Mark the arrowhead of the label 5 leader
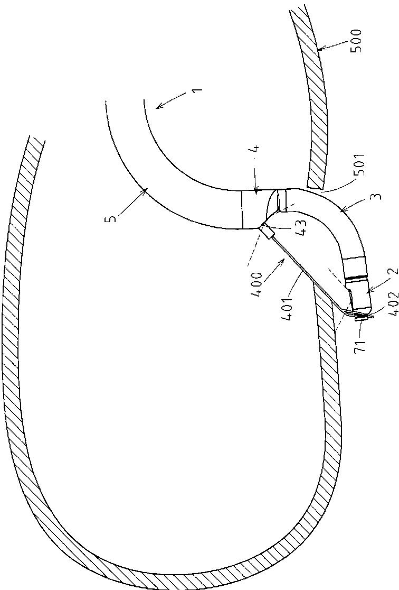pos(148,188)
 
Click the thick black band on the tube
pos(357,277)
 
